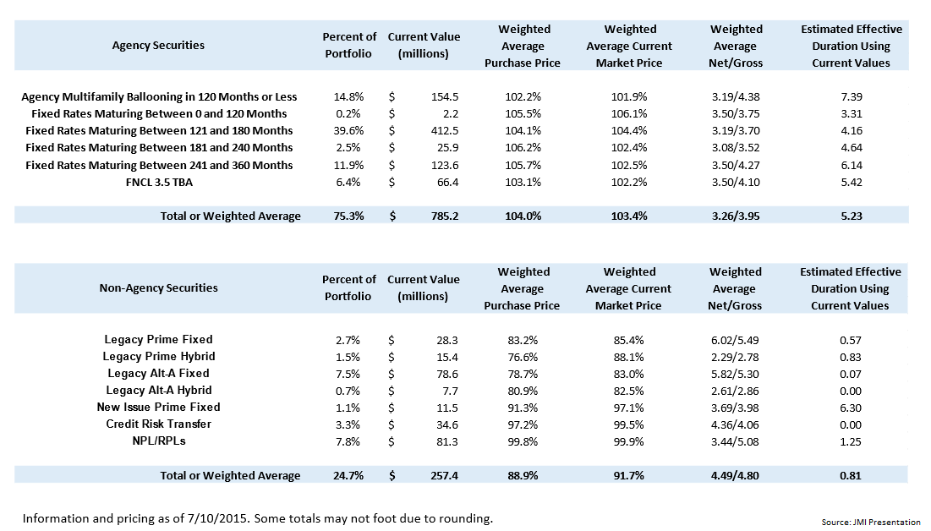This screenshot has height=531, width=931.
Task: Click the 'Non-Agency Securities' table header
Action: point(158,288)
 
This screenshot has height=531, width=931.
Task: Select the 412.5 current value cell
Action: point(444,131)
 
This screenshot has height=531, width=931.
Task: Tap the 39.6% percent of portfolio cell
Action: point(349,131)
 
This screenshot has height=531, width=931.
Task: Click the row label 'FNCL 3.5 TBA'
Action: point(158,182)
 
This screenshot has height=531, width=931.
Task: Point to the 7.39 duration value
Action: point(850,97)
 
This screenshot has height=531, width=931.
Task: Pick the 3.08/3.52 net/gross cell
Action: point(736,148)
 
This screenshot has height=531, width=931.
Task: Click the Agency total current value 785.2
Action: point(443,216)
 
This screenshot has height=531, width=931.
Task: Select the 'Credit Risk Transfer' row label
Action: point(158,424)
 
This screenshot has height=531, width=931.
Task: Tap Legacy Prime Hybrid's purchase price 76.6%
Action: point(523,357)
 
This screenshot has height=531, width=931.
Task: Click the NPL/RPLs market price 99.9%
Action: point(629,441)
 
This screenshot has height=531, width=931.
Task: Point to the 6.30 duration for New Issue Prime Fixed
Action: point(850,408)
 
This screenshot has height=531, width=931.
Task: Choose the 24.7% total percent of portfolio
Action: point(349,476)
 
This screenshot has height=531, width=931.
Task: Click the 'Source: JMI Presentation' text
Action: point(870,523)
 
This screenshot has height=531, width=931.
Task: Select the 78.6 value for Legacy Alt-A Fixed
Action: point(444,374)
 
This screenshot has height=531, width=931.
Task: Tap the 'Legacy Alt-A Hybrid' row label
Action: point(158,391)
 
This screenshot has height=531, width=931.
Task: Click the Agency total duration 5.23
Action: point(850,216)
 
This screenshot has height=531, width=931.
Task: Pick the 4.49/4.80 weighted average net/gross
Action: point(736,476)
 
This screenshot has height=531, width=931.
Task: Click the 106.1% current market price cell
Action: point(629,114)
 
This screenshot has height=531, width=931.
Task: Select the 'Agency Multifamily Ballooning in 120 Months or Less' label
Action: point(159,97)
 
